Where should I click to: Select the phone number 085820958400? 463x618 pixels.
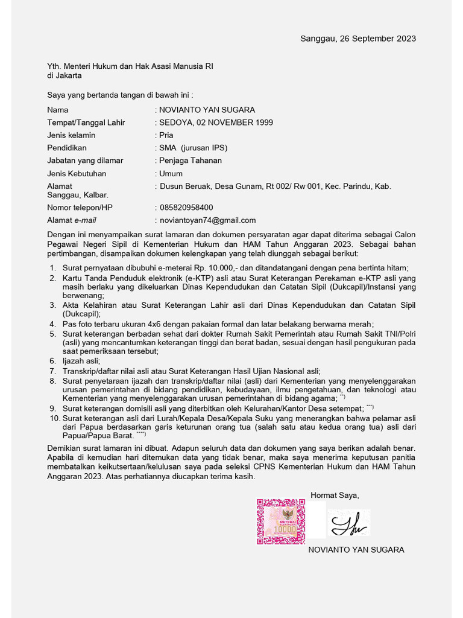point(186,208)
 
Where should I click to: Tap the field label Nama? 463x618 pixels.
point(58,110)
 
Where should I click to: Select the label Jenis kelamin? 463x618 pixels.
point(71,135)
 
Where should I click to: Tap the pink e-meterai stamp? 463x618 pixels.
point(281,520)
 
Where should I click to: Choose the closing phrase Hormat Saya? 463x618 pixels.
point(335,495)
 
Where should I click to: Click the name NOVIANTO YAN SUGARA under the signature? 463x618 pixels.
point(356,550)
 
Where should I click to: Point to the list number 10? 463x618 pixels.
point(54,418)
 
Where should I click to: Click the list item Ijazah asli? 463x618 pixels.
point(81,361)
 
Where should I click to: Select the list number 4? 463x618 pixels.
point(53,324)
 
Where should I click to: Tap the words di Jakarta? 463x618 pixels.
point(65,75)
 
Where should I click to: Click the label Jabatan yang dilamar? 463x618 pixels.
point(85,161)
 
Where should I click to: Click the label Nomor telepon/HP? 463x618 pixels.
point(80,208)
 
